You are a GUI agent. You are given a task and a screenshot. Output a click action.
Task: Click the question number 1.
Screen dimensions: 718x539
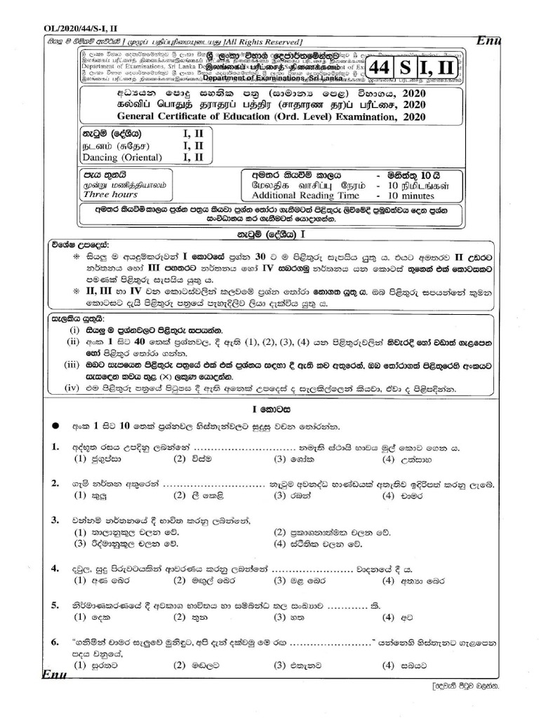point(54,447)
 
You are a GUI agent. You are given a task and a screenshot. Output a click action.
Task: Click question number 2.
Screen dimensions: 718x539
point(54,484)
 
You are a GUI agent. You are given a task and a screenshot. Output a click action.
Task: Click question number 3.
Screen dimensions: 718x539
point(54,520)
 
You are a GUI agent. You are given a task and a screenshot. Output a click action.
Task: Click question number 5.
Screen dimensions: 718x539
point(54,605)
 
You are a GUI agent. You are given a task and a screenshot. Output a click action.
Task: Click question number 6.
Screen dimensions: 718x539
point(54,642)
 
